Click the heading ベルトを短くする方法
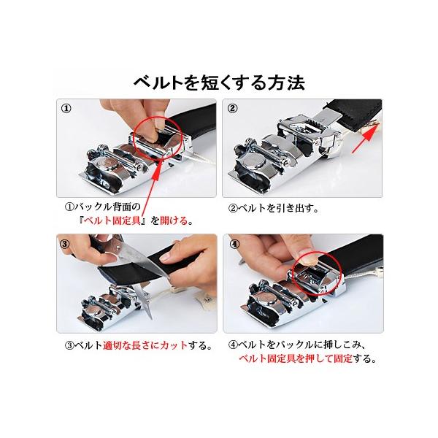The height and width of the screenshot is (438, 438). click(219, 82)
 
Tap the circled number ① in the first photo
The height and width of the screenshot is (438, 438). click(66, 108)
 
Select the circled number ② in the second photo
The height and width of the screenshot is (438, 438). click(232, 108)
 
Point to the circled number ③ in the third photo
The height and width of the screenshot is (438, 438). click(65, 244)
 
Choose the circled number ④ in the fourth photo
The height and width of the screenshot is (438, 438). click(234, 244)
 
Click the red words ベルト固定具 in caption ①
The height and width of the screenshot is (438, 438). click(112, 220)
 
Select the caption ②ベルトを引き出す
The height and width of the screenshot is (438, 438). click(273, 208)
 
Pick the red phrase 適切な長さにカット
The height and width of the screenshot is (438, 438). click(145, 345)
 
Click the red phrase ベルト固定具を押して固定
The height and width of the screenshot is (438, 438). click(296, 358)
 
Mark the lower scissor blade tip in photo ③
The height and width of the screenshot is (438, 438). click(151, 318)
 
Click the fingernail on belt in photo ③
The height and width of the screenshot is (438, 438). click(166, 257)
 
